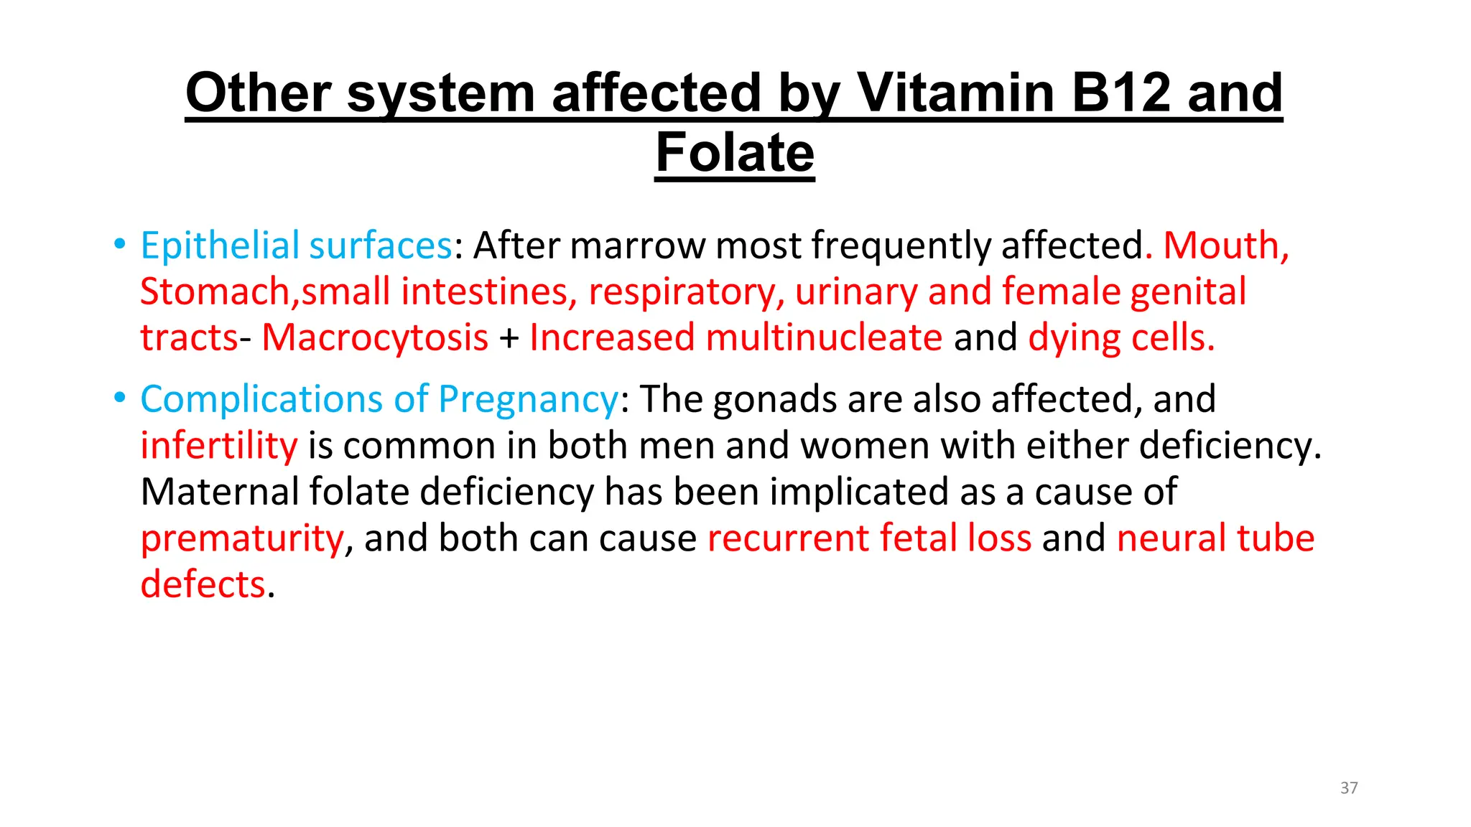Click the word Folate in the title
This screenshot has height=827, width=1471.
(x=735, y=153)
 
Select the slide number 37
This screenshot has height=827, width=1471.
(x=1349, y=788)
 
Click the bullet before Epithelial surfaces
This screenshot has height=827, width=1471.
(x=119, y=244)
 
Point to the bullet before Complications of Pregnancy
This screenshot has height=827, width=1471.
(x=119, y=398)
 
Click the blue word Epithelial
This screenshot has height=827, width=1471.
(x=219, y=246)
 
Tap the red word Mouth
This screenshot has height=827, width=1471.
(x=1221, y=246)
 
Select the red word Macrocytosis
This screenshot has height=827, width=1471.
(x=374, y=338)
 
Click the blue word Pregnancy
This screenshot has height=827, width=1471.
(x=528, y=400)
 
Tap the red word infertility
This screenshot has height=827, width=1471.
(x=218, y=446)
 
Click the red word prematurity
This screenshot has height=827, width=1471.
(x=242, y=539)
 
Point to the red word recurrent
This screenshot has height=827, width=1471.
(x=788, y=539)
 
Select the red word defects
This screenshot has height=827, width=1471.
(x=203, y=585)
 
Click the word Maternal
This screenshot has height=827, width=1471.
(x=219, y=492)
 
